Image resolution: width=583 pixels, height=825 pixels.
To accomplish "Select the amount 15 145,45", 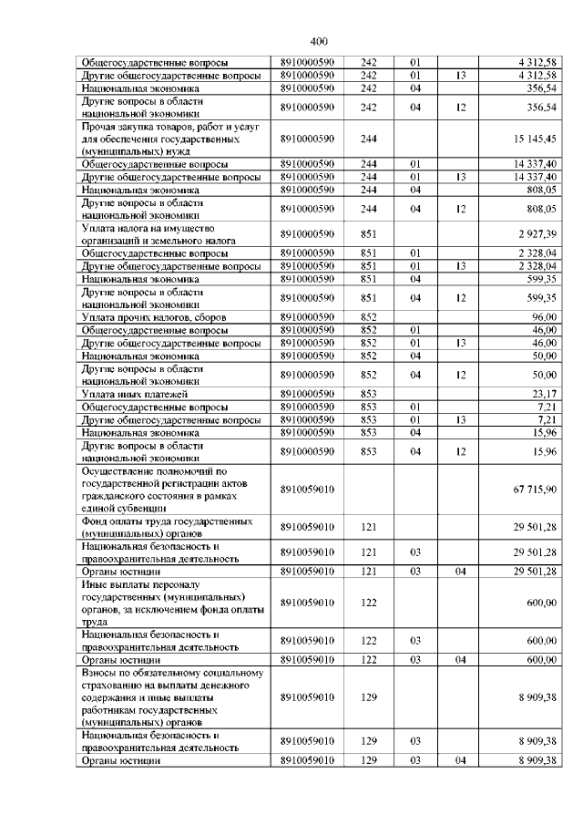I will tap(535, 139).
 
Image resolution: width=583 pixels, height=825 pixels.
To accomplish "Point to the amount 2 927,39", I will tap(537, 234).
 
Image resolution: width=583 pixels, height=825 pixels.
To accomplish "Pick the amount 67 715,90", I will tap(535, 490).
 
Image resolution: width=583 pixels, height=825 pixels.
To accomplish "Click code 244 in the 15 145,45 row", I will tap(369, 139).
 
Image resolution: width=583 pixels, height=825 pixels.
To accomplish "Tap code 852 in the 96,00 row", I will tap(369, 316).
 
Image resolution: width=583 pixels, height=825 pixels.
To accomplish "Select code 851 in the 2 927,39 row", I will tap(369, 234).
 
